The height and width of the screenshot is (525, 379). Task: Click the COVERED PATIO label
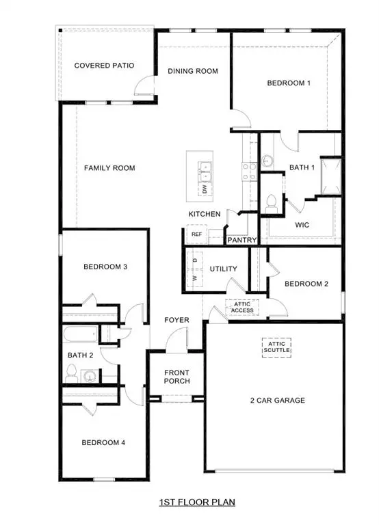coord(103,66)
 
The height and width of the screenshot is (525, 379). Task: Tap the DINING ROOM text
coord(193,71)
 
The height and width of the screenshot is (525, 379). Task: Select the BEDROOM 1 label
coord(289,83)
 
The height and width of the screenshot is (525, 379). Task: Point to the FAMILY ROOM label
coord(109,167)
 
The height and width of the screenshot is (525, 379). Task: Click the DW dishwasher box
coord(204,187)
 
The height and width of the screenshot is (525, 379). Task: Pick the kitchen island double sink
coord(204,167)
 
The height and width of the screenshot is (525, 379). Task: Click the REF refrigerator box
coord(196,234)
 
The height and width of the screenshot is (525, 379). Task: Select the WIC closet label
coord(303,224)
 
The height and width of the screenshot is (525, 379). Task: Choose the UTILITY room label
coord(223,269)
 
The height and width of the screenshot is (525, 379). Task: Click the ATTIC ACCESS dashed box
coord(242,307)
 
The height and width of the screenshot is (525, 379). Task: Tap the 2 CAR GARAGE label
coord(277,401)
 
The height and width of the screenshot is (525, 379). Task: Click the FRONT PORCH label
coord(177,377)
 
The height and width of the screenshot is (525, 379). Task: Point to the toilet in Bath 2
coord(71,373)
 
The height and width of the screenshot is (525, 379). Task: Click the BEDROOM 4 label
coord(103,442)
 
